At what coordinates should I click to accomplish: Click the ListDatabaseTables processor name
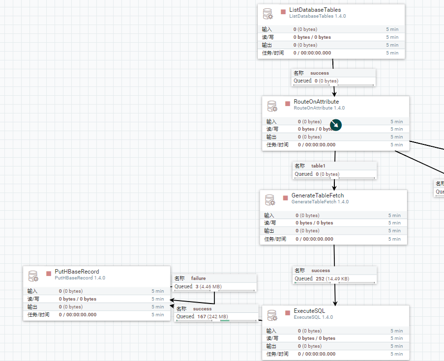(315, 9)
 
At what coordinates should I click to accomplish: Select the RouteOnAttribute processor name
(316, 102)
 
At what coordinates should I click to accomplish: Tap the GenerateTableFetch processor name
(318, 195)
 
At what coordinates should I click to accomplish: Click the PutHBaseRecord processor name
(77, 271)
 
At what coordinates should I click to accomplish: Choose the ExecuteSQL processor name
(309, 311)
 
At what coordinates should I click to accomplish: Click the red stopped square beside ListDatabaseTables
(283, 11)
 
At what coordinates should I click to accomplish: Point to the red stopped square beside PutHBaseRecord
(49, 273)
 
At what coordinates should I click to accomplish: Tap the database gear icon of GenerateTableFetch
(270, 199)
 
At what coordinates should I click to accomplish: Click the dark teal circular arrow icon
(335, 125)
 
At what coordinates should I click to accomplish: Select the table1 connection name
(318, 166)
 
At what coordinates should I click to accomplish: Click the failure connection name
(198, 278)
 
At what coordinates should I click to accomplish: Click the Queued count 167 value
(201, 317)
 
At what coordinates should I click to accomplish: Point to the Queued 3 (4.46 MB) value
(204, 286)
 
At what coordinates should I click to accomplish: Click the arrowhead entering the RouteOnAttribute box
(334, 93)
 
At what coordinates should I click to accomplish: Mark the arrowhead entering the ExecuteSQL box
(336, 303)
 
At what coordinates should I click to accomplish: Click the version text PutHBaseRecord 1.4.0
(80, 278)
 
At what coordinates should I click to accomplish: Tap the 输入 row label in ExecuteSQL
(271, 331)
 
